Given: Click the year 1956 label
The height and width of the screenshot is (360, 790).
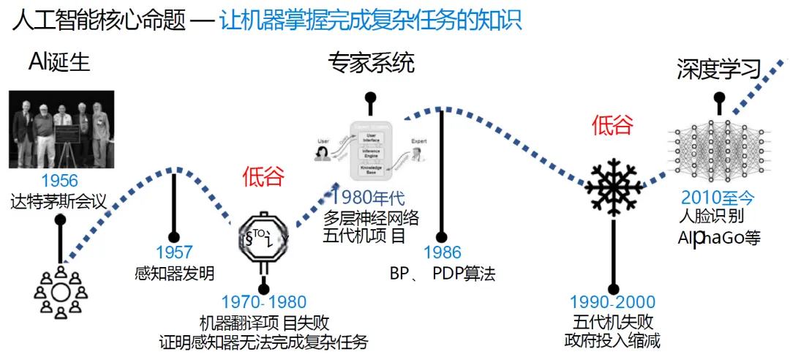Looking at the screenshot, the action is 59,181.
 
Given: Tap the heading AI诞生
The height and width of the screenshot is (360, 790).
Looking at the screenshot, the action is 59,63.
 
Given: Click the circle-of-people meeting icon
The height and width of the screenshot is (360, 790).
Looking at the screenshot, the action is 60,292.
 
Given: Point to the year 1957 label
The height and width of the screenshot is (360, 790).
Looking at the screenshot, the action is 174,254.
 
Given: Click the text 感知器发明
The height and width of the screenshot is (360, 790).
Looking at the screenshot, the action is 175,274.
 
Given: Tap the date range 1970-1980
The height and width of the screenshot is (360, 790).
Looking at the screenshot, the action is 263,302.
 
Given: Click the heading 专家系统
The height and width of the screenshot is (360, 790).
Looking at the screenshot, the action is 371,64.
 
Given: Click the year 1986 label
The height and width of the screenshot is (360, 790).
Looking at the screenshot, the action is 442,254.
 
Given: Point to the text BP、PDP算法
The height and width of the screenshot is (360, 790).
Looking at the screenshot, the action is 442,274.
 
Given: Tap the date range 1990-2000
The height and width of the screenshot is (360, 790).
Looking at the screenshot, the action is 613,302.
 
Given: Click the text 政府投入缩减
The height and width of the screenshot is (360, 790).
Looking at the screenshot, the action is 613,340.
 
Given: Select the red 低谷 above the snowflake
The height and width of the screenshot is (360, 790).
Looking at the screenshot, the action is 612,126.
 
